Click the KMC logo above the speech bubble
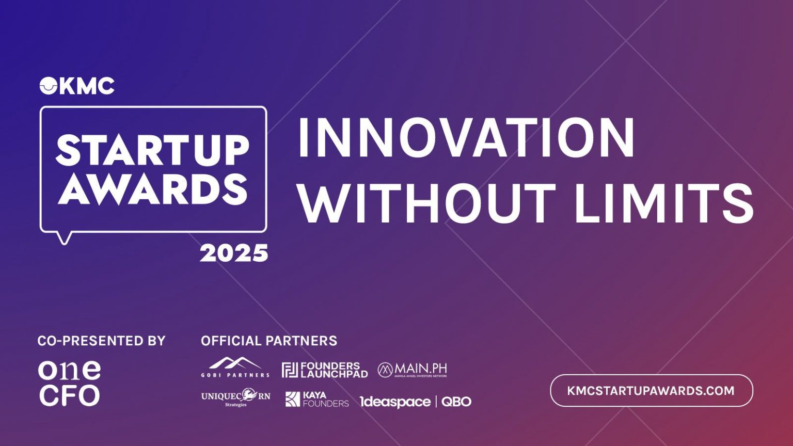coord(77,86)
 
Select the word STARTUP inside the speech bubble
coord(152,150)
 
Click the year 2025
coord(234,253)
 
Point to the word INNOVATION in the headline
coord(466,138)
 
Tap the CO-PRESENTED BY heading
coord(101,341)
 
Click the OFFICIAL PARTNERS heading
coord(268,341)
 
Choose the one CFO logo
coord(69,383)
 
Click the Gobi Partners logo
coord(235,367)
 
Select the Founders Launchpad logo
coord(325,370)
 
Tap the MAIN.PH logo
coord(412,370)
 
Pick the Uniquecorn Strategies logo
coord(235,397)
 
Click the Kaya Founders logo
coord(317,399)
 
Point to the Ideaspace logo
coord(395,402)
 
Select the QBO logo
coord(456,402)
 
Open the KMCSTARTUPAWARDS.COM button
coord(651,390)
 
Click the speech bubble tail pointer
coord(64,238)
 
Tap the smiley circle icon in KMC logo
coord(48,86)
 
